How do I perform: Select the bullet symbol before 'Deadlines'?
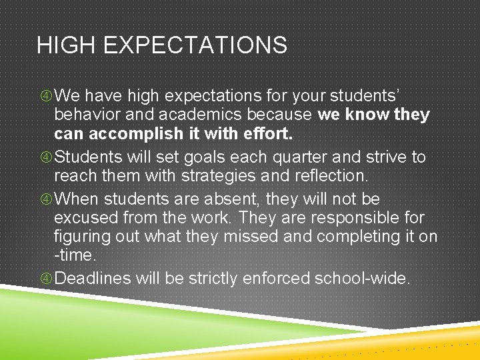[45, 279]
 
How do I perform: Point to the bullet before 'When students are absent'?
[45, 199]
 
